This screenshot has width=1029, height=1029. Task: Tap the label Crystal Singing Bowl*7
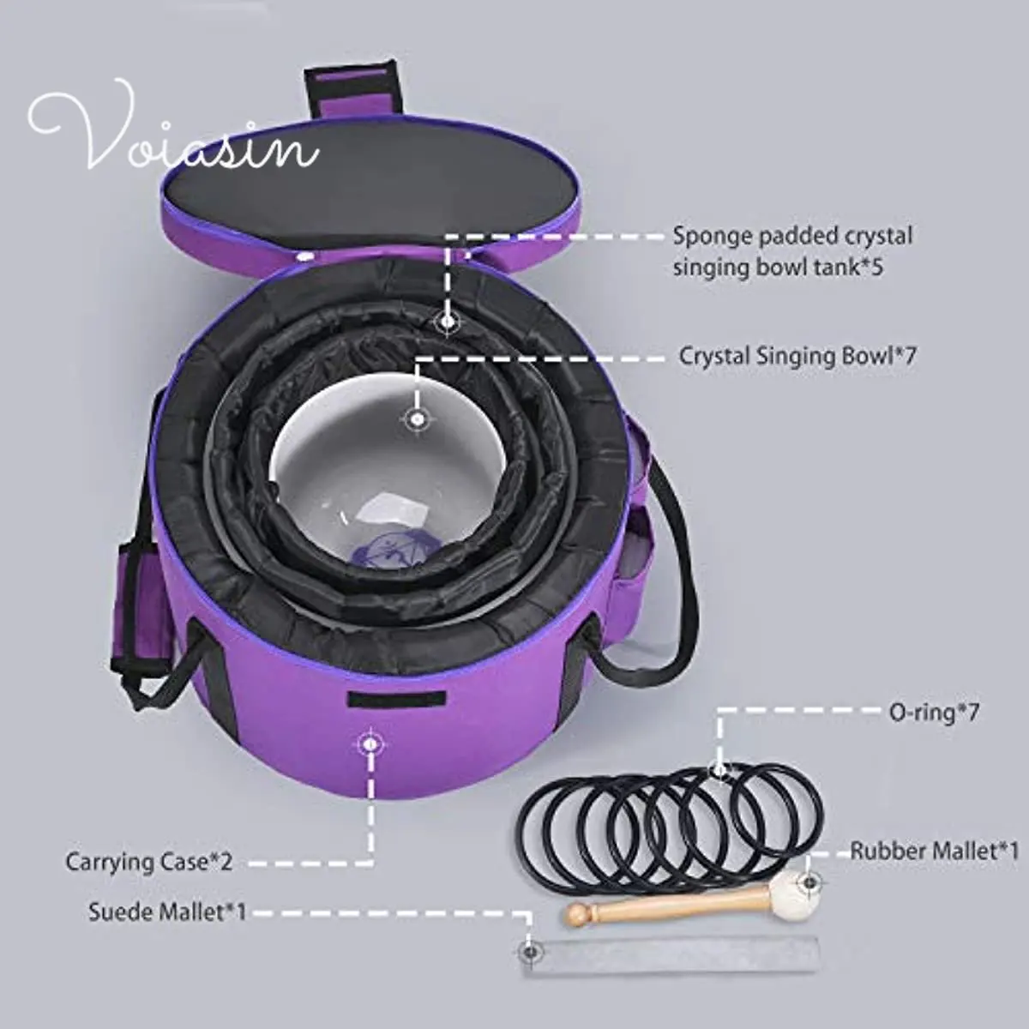[x=797, y=356]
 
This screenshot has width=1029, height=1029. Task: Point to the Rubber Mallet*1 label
[x=934, y=851]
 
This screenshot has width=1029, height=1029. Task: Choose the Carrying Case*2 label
[x=148, y=861]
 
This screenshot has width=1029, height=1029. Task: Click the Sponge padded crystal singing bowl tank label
[x=791, y=250]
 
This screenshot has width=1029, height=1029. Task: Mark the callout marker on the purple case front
[x=370, y=743]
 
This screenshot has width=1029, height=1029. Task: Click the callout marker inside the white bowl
[x=417, y=419]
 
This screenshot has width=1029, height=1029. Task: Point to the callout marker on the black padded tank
[x=447, y=322]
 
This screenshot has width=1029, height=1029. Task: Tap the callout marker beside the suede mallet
[x=530, y=950]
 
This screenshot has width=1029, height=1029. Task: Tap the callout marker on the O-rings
[x=719, y=771]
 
